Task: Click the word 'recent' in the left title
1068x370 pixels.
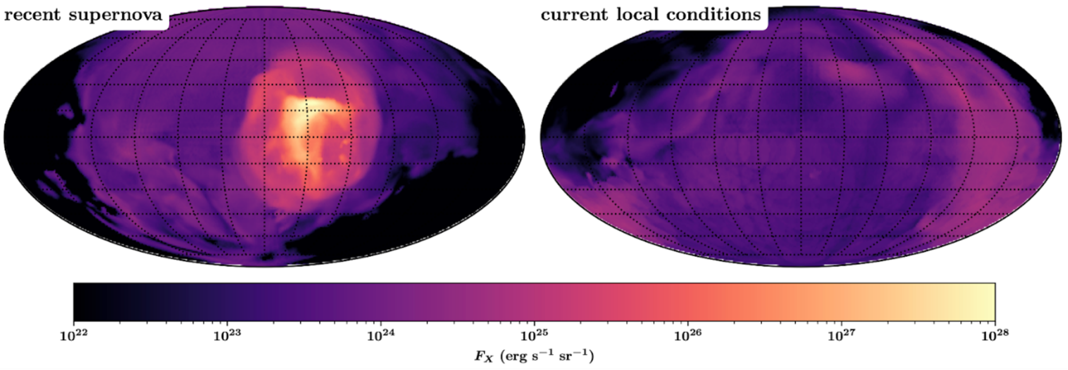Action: (33, 14)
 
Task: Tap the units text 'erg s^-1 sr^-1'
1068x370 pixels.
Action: (548, 356)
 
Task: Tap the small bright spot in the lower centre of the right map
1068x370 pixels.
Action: (813, 175)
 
